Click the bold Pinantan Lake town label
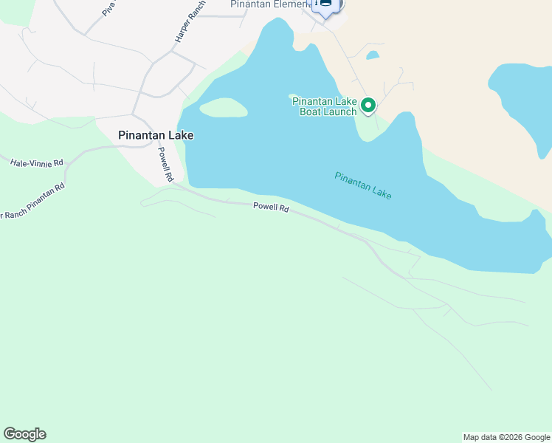coord(156,136)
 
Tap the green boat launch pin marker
coord(368,106)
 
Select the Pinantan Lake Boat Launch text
coord(325,106)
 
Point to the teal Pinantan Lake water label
coord(362,185)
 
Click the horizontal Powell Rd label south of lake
coord(270,207)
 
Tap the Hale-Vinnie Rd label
coord(37,162)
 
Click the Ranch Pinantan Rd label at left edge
coord(32,202)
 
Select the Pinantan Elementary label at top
coord(268,4)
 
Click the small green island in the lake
coord(223,109)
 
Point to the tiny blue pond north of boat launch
coord(373,55)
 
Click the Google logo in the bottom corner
coord(24,434)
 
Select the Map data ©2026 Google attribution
coord(506,437)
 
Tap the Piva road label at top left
coord(109,8)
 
